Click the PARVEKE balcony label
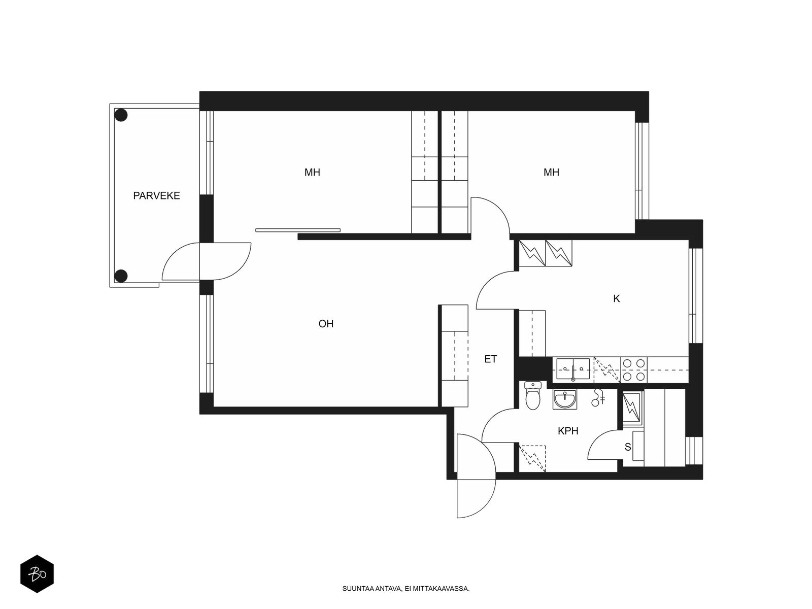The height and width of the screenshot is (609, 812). pos(156,195)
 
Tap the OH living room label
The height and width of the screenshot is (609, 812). pos(326,324)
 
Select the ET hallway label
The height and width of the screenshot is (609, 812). pos(491,359)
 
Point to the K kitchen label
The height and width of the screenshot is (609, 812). pos(616,299)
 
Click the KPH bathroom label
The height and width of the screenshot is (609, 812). pos(568,431)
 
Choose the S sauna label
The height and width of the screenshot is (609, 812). pos(628,447)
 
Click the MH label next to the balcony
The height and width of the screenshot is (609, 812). pos(312,173)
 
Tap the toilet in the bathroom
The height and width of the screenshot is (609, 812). pos(533,395)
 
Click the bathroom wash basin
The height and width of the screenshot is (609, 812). pos(564,399)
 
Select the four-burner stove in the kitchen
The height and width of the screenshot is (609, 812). pos(634,370)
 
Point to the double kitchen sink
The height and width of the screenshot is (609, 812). pos(573,369)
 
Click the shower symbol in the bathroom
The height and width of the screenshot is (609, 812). pos(597,397)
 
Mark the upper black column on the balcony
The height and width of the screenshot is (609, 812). pos(121,115)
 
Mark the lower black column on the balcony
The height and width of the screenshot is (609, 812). pos(121,276)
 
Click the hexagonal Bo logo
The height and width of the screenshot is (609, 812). pos(37,574)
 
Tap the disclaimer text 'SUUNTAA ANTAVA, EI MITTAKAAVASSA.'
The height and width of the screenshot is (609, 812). pos(406,589)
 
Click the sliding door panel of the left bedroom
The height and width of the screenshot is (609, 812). pos(298,230)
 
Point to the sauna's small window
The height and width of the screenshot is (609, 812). pos(694,451)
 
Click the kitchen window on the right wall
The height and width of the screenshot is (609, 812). pos(695,296)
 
